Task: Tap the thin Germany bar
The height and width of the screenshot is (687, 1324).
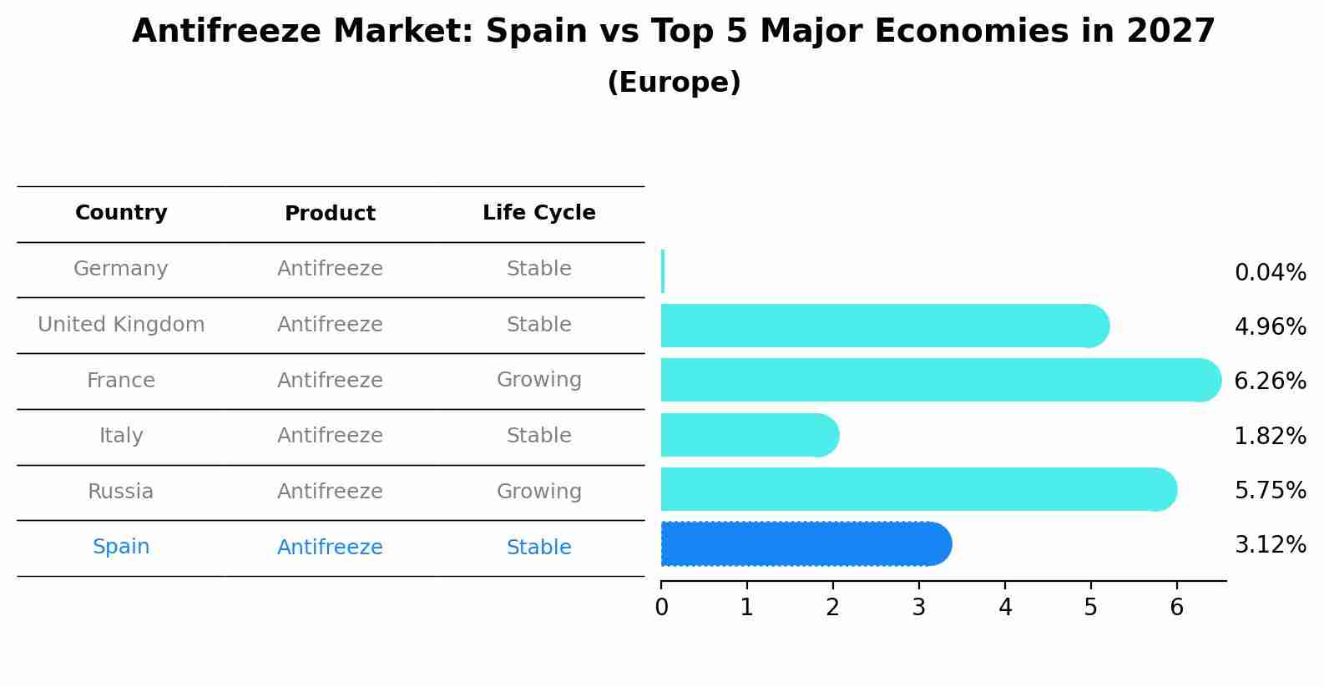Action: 663,271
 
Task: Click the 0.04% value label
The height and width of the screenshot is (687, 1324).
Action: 1270,273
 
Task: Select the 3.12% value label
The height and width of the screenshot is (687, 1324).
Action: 1270,545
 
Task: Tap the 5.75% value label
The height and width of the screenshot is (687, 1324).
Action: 1270,490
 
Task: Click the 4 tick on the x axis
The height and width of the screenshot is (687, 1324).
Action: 1005,607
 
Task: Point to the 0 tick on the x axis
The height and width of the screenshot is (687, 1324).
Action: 662,607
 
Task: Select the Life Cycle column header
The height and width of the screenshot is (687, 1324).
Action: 538,213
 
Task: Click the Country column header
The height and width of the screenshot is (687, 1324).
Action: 121,213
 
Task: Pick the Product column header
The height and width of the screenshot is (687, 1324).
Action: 330,214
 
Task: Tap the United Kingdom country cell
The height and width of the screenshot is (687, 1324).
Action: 121,325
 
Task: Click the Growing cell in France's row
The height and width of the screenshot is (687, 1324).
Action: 538,380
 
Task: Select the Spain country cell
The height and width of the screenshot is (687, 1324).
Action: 121,547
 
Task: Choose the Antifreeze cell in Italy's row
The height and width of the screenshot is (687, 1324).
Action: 330,436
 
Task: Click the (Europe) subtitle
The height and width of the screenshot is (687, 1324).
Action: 674,83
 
